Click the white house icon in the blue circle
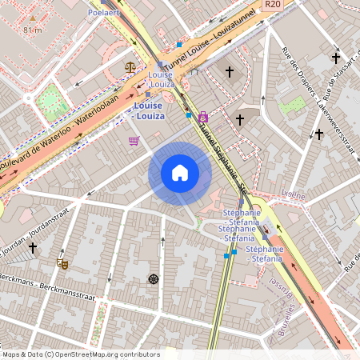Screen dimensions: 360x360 pos(180,173)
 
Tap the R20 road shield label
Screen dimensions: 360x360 pos(273,4)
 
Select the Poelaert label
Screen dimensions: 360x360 pos(106,13)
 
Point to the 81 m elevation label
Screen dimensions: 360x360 pos(32,30)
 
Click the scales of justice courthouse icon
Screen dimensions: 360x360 pos(130,68)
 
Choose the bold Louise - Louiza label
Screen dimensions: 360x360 pos(149,110)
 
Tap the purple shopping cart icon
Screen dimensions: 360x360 pos(134,141)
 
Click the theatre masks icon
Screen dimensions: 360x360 pos(62,262)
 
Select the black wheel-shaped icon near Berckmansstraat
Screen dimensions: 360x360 pos(153,279)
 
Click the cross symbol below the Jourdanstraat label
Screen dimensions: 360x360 pos(33,248)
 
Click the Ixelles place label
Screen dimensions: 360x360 pos(294,194)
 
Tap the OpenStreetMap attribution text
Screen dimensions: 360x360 pos(80,354)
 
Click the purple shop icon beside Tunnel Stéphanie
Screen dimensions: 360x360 pos(203,117)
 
